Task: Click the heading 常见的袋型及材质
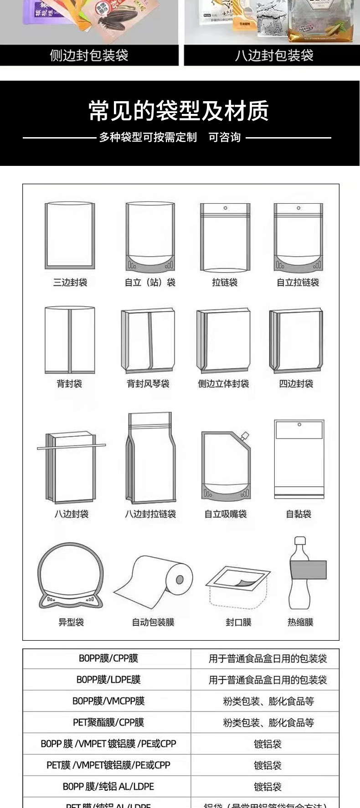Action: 179,111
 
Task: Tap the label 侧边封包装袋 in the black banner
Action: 89,56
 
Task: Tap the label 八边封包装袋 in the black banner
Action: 274,56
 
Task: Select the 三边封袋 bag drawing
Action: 70,235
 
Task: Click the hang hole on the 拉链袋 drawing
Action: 225,208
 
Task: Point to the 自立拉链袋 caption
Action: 298,283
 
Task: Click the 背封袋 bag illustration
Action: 70,340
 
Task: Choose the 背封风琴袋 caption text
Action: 148,384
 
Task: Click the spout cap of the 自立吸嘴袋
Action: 245,436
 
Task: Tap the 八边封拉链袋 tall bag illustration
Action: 150,458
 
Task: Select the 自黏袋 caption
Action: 298,514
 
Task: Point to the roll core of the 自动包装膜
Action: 180,579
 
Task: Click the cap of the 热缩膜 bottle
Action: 299,541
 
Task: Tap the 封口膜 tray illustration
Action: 237,586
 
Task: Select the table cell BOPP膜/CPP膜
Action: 108,658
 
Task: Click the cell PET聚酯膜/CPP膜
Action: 108,722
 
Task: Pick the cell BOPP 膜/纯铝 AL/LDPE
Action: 108,787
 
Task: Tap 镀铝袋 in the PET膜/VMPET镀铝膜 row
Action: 267,765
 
